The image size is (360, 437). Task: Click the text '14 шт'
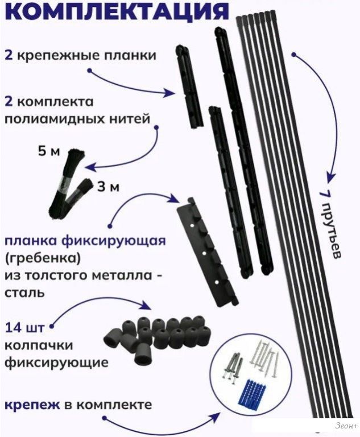26,329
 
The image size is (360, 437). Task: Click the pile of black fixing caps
155,335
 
